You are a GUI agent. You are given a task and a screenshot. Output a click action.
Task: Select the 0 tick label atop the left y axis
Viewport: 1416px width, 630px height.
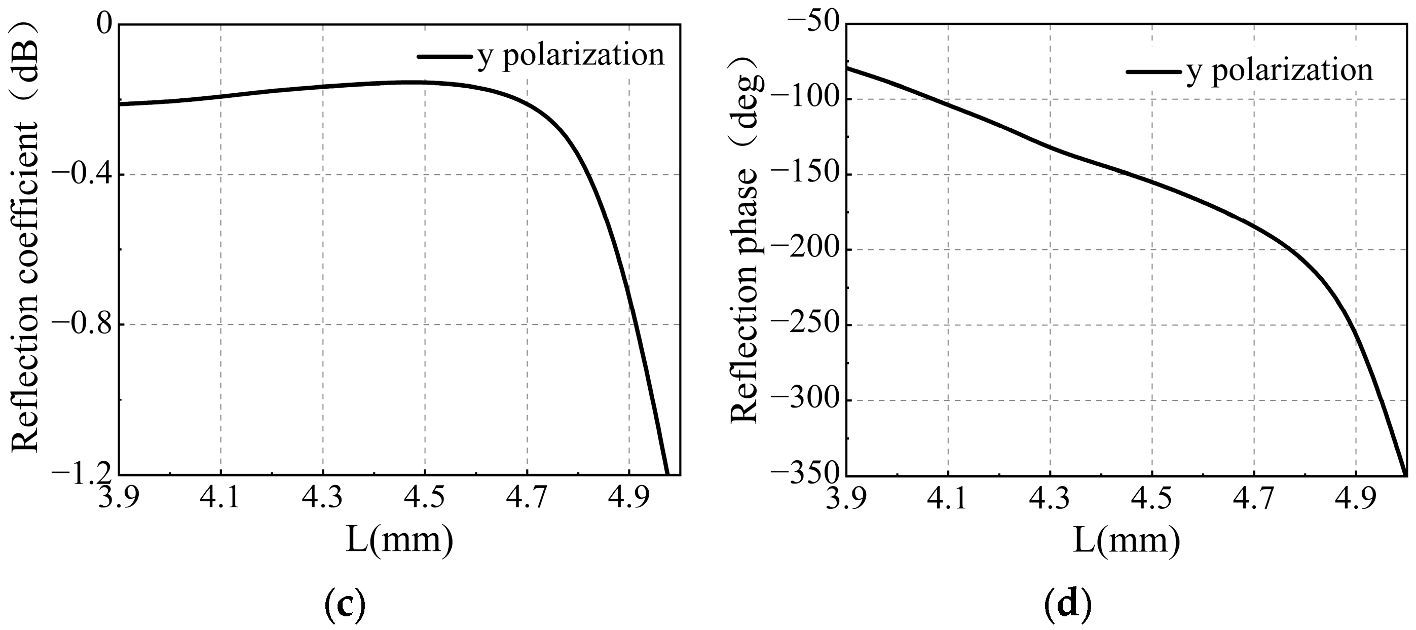(104, 25)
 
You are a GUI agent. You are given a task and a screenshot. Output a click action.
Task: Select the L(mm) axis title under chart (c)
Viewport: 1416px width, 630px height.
(400, 541)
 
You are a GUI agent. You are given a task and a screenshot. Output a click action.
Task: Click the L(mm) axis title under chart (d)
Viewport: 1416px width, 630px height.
(1126, 541)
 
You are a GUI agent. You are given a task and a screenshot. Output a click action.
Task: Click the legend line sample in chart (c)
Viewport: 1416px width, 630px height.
(444, 56)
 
